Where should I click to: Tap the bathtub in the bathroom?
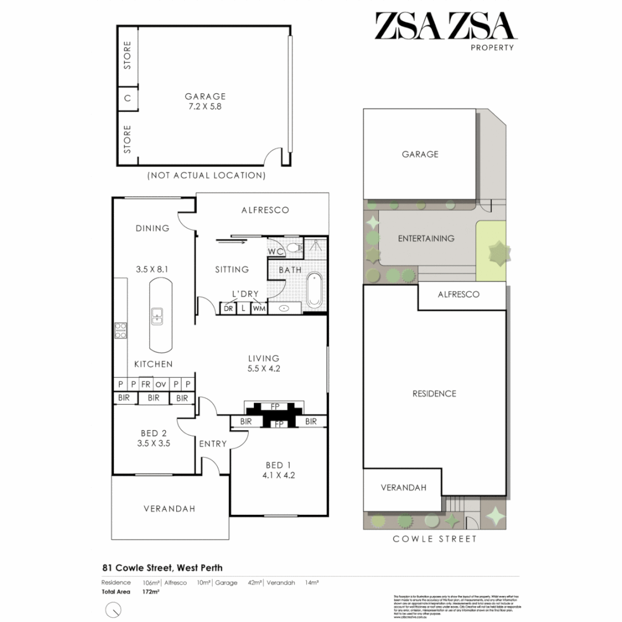[314, 289]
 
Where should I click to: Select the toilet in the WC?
[294, 248]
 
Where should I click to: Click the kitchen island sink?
[157, 315]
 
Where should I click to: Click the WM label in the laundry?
[259, 309]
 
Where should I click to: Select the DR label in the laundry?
[228, 309]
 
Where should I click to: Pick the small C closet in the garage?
[128, 98]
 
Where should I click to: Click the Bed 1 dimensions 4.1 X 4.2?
[275, 475]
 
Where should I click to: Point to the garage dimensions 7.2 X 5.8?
[205, 107]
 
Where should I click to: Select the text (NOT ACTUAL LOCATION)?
[206, 175]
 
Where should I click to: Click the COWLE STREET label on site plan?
[434, 539]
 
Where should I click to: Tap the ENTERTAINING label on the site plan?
[426, 238]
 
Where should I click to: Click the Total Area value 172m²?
[151, 591]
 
